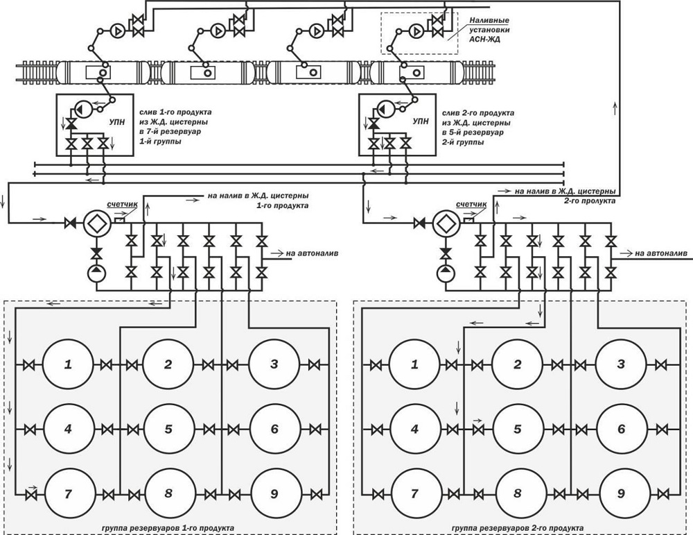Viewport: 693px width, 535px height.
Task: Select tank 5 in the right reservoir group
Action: [518, 430]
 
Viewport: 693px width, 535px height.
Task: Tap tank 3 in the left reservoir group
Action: [274, 364]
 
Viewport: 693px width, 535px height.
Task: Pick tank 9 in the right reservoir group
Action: [622, 494]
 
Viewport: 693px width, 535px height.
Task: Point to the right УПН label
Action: [421, 121]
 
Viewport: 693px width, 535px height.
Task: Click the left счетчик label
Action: [123, 205]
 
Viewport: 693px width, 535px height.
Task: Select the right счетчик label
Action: [471, 204]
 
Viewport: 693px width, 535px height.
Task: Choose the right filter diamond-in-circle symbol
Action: [446, 223]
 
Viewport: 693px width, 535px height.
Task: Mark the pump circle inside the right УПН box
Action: [385, 109]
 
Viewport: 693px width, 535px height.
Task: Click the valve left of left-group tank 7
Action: [30, 494]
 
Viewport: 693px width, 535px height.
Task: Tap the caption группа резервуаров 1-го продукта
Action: [168, 528]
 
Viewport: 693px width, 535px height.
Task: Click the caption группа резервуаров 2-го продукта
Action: [518, 528]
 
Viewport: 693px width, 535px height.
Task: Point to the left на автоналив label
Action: [312, 253]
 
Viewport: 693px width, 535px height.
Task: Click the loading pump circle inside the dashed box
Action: [416, 31]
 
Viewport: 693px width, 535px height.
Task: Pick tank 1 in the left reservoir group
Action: [68, 364]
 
